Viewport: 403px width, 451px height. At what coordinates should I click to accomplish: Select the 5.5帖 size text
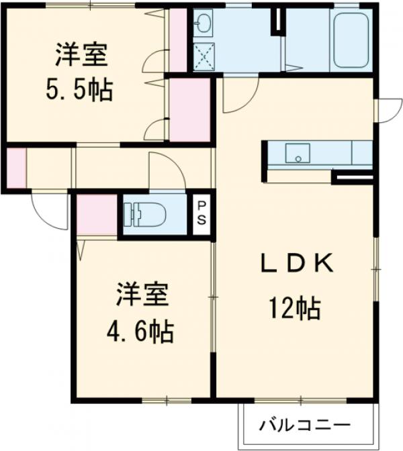[x=80, y=89]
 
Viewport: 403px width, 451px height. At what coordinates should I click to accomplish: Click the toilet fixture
[x=144, y=214]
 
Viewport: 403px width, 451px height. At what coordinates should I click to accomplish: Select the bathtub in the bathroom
[x=351, y=40]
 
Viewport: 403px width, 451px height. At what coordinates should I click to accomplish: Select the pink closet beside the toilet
[x=97, y=215]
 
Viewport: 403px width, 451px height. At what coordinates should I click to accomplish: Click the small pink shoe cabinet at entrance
[x=15, y=166]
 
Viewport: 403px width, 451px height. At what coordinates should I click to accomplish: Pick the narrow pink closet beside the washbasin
[x=177, y=40]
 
